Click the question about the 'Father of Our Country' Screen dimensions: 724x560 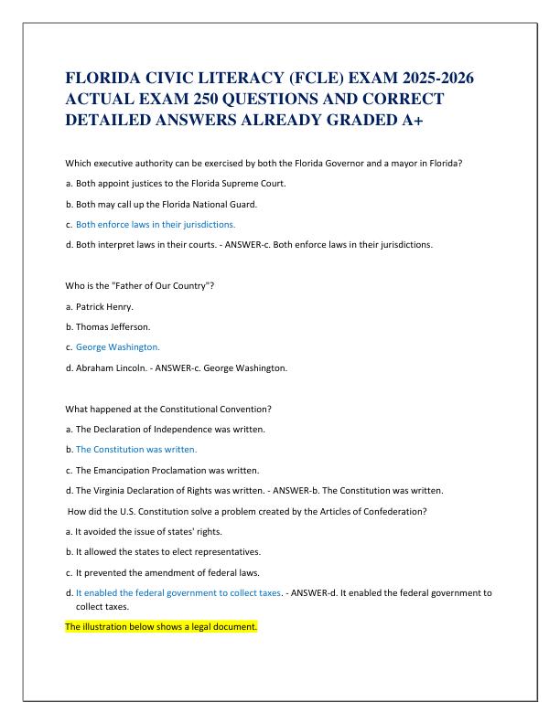coord(140,286)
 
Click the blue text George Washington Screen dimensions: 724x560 coord(118,347)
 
